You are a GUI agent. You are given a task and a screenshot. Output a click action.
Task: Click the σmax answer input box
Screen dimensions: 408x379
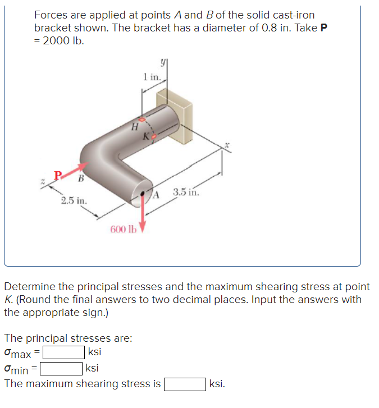pyautogui.click(x=64, y=353)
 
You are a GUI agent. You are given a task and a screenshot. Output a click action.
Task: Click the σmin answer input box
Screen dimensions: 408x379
pyautogui.click(x=61, y=369)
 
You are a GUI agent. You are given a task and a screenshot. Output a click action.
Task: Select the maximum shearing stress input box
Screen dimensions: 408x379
pyautogui.click(x=184, y=384)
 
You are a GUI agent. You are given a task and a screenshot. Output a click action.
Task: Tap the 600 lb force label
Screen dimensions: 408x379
pyautogui.click(x=123, y=228)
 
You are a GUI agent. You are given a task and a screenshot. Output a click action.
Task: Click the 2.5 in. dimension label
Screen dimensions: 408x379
pyautogui.click(x=74, y=200)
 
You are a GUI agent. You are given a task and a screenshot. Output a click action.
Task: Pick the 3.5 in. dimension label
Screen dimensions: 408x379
pyautogui.click(x=186, y=193)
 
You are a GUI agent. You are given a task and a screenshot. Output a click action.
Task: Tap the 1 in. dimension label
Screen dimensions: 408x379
pyautogui.click(x=152, y=77)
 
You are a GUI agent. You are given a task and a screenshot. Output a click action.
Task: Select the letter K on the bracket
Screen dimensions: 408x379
pyautogui.click(x=146, y=136)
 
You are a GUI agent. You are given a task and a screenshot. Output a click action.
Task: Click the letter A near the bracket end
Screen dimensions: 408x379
pyautogui.click(x=157, y=195)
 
